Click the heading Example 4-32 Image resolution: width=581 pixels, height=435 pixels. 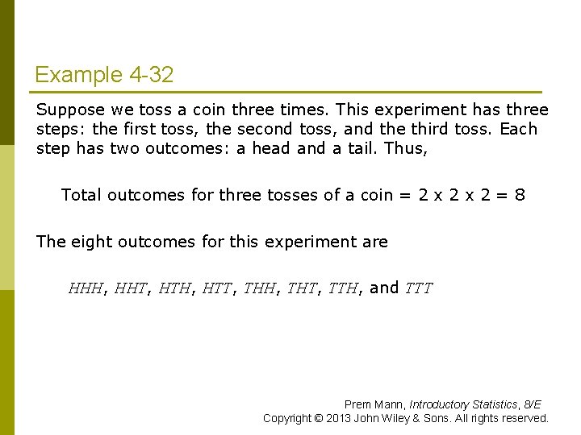point(103,76)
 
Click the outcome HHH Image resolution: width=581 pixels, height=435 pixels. point(86,288)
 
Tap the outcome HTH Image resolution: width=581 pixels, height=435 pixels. point(173,288)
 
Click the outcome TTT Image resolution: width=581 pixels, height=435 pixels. point(418,288)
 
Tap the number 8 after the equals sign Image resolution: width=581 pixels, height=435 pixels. point(520,194)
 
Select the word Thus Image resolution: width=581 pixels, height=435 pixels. point(406,149)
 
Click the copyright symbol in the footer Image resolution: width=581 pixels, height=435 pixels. point(324,418)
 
